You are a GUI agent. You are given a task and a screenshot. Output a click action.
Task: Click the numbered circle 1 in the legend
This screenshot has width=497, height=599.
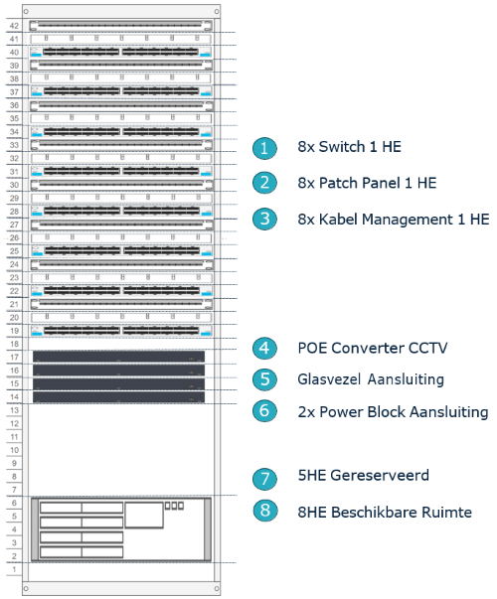[x=264, y=148]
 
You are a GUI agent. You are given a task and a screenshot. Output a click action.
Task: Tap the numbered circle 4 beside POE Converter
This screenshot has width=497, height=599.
[x=264, y=349]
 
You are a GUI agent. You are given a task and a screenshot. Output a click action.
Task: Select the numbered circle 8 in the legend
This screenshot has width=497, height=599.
[x=264, y=511]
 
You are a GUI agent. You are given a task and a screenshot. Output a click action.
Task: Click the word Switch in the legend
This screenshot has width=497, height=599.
[x=342, y=147]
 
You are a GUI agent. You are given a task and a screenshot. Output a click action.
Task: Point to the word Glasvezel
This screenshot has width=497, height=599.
[x=329, y=379]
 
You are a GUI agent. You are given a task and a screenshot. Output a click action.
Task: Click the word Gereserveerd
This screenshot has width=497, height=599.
[x=380, y=475]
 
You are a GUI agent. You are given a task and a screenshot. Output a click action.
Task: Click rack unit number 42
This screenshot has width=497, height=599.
[x=14, y=26]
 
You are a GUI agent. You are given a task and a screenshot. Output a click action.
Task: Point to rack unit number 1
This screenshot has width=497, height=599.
[x=14, y=569]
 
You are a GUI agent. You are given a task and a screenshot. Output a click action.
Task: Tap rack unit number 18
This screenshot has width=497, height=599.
[x=14, y=344]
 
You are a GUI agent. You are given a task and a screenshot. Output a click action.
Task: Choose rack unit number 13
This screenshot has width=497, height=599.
[x=14, y=410]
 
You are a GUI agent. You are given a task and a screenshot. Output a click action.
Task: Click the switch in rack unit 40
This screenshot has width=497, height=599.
[x=121, y=52]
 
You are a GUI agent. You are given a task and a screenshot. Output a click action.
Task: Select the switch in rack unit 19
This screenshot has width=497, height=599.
[x=121, y=331]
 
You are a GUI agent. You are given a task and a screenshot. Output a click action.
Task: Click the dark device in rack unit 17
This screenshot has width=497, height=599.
[x=118, y=357]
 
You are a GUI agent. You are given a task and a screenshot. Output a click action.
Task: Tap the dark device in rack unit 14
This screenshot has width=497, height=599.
[x=118, y=397]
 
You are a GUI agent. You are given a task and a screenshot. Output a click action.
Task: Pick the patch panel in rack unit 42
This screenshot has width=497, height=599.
[x=121, y=26]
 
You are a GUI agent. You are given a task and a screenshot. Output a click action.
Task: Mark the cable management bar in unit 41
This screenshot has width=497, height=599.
[x=121, y=39]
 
